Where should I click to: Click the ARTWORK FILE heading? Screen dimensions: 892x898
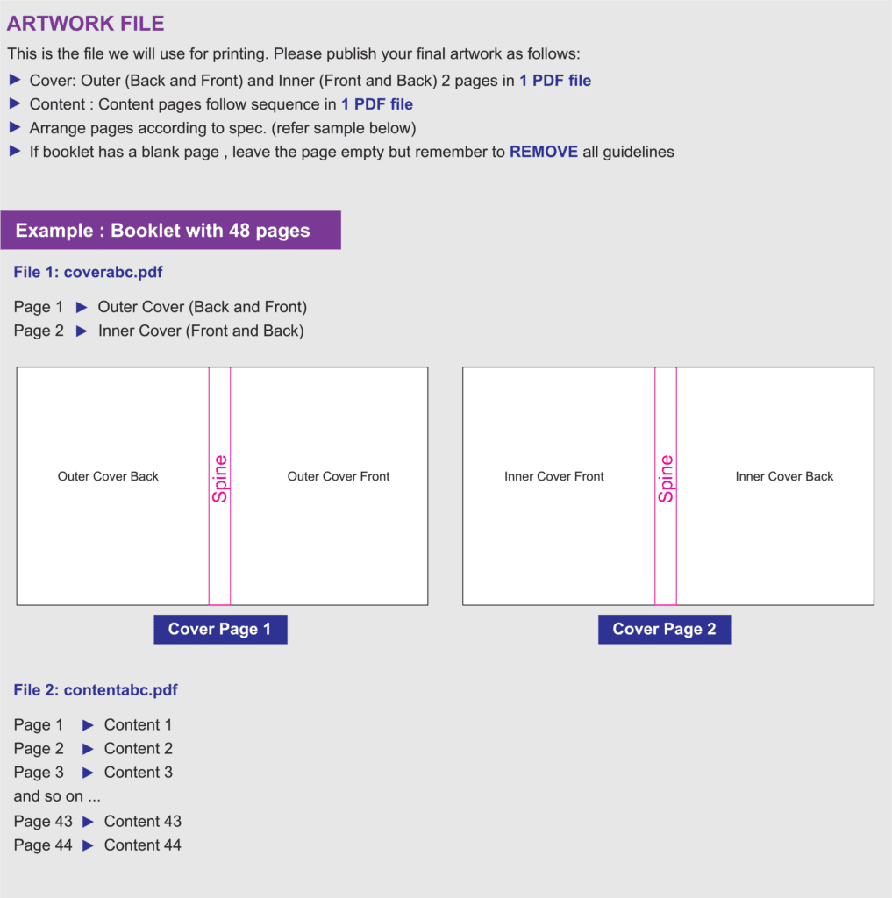(85, 24)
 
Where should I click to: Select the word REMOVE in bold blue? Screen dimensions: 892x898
(544, 152)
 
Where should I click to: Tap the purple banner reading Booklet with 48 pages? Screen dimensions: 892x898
(171, 231)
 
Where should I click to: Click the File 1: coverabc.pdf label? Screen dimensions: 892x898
(89, 272)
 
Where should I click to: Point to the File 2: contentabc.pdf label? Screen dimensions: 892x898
(96, 689)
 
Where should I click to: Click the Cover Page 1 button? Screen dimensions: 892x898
(220, 630)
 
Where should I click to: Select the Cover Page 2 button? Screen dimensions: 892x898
(665, 630)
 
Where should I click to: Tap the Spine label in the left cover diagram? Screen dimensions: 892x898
(220, 479)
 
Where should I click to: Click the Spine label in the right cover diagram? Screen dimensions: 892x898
(666, 479)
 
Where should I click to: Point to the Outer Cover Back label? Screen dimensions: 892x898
(108, 476)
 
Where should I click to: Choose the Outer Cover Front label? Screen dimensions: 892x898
(339, 476)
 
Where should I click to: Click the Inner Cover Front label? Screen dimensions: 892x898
(554, 476)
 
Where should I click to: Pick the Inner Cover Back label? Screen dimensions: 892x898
(784, 476)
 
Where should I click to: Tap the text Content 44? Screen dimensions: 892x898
(143, 845)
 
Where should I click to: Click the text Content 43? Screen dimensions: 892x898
(143, 821)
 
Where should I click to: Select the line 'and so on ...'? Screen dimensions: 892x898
(57, 796)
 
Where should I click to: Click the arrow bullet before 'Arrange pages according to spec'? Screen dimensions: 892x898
(16, 127)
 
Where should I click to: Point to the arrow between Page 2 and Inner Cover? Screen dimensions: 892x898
(82, 331)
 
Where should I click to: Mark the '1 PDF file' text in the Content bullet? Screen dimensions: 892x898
(377, 104)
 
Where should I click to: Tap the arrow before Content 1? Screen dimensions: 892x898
(88, 725)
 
